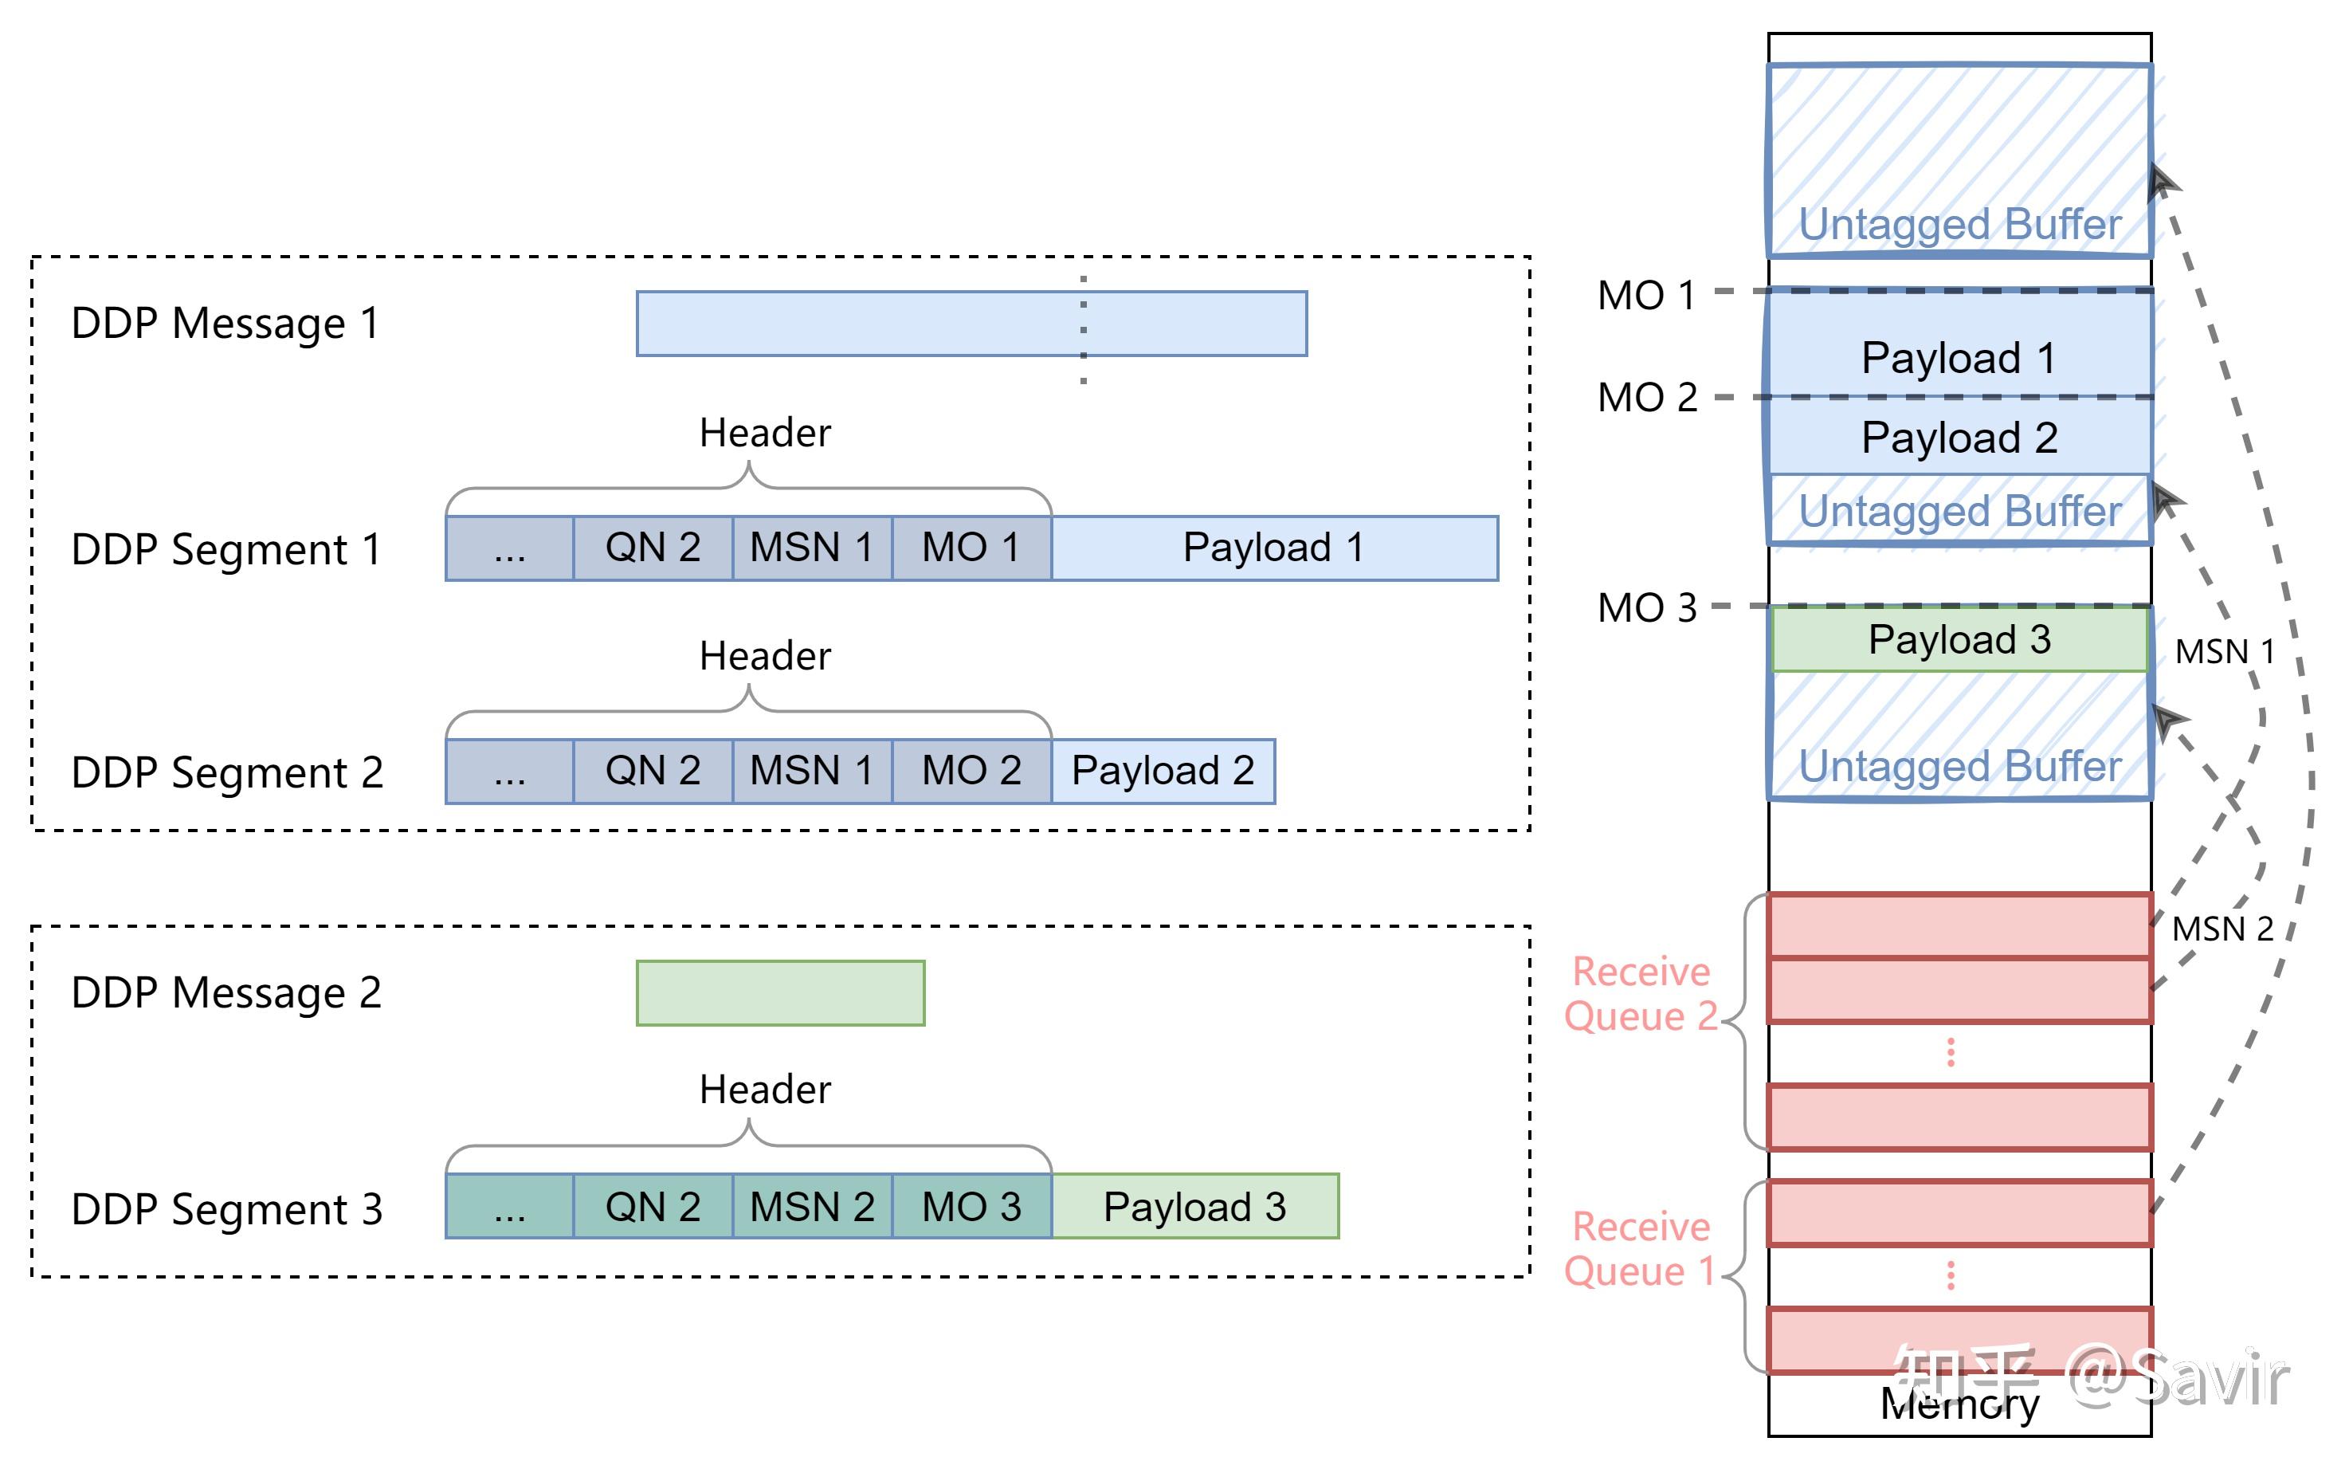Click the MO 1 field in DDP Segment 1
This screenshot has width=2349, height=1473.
coord(971,548)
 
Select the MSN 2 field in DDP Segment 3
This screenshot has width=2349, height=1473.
coord(811,1207)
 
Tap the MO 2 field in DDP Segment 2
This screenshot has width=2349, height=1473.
coord(971,771)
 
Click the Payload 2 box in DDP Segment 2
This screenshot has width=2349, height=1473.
coord(1162,771)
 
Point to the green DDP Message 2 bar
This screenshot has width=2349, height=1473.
coord(780,992)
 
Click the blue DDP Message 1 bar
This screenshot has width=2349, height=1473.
coord(971,324)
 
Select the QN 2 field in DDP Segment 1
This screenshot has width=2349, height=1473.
coord(653,548)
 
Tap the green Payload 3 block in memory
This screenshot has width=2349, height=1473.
coord(1959,640)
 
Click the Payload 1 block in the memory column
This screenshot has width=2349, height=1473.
coord(1959,358)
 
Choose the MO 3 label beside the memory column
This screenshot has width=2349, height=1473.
coord(1647,608)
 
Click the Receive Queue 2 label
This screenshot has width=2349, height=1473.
coord(1641,994)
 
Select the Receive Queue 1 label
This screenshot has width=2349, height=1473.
coord(1641,1249)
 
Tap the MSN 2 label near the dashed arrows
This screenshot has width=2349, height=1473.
coord(2222,929)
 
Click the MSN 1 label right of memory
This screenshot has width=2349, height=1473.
coord(2225,650)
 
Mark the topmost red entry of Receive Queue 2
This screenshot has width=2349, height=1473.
coord(1959,926)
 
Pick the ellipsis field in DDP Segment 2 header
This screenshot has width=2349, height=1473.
coord(509,771)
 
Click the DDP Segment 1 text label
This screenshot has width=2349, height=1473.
coord(226,549)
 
